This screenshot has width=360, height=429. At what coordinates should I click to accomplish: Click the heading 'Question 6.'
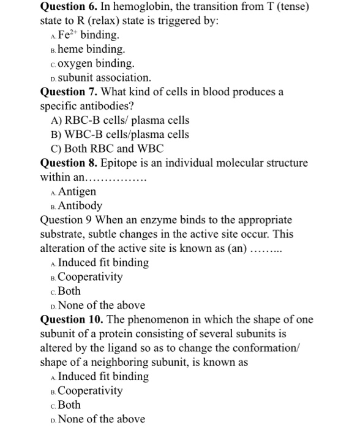point(68,7)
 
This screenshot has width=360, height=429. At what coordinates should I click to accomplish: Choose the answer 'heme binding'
point(91,50)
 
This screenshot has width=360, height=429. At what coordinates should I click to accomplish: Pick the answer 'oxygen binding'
point(96,64)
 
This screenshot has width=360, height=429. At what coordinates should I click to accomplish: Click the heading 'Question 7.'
point(68,92)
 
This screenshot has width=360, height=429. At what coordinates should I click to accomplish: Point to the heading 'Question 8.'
point(68,163)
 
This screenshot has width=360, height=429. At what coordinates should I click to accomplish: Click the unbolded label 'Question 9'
point(65,219)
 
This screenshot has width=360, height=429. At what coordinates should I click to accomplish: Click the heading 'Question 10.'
point(71,319)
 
